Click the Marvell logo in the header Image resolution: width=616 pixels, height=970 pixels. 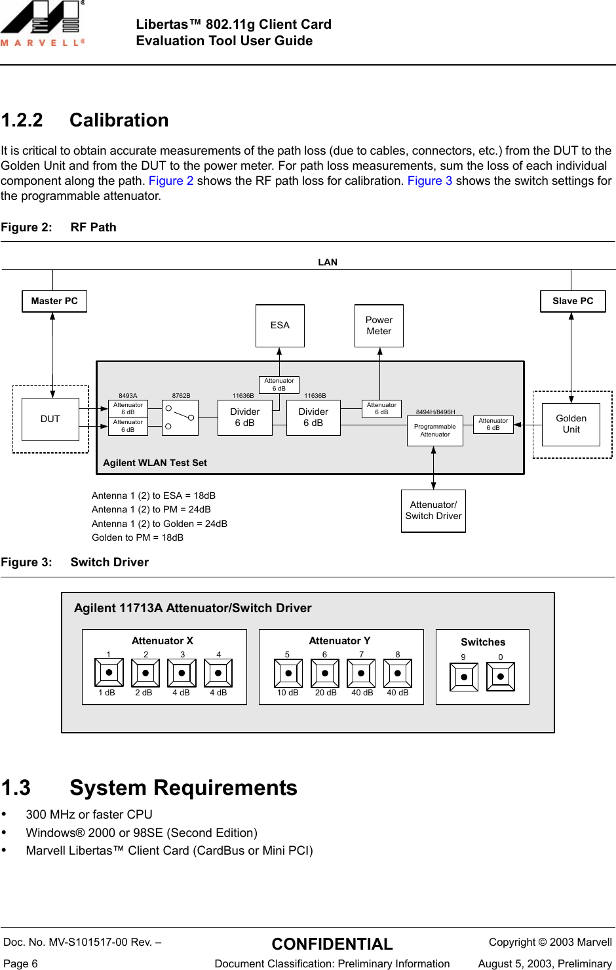coord(43,24)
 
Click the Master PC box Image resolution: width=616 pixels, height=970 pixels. coord(54,301)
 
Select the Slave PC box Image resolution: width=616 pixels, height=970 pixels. coord(573,301)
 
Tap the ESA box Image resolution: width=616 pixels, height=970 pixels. coord(280,326)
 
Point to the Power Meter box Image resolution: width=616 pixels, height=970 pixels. coord(379,326)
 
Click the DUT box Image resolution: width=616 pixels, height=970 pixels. coord(50,419)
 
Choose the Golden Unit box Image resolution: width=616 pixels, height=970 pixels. coord(571,425)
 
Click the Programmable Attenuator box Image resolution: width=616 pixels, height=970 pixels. coord(435,431)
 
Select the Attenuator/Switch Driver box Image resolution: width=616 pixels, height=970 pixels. coord(433,511)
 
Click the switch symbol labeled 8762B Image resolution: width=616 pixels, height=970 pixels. coord(180,418)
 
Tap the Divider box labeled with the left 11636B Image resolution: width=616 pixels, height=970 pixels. coord(245,418)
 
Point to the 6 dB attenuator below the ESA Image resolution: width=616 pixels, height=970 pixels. coord(279,385)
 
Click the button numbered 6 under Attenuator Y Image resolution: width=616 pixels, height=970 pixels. coord(324,673)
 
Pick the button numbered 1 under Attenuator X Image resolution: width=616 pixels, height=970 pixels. coord(109,672)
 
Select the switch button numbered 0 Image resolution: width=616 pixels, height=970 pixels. coord(501,676)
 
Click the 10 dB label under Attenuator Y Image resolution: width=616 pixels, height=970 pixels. coord(288,693)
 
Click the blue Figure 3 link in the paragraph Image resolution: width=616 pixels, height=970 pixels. coord(430,181)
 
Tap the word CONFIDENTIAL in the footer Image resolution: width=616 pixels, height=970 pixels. coord(332,944)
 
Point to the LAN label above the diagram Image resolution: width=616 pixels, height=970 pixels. coord(328,262)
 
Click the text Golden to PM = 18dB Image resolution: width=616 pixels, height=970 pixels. coord(138,538)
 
